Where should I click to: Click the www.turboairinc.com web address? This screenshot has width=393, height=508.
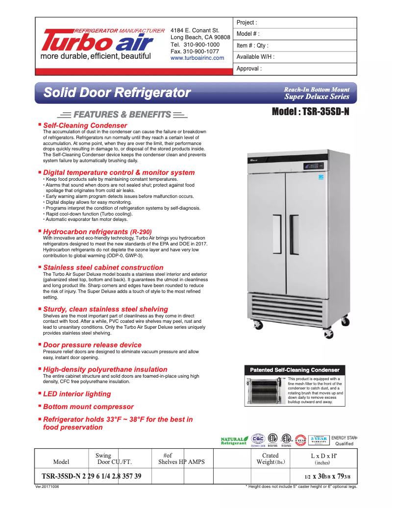pyautogui.click(x=197, y=58)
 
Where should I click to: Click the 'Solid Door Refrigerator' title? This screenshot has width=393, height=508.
pyautogui.click(x=117, y=92)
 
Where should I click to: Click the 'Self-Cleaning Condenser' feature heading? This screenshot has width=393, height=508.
pyautogui.click(x=85, y=126)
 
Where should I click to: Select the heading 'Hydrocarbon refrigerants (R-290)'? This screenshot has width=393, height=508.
pyautogui.click(x=98, y=232)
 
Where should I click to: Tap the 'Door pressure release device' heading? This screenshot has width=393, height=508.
pyautogui.click(x=92, y=345)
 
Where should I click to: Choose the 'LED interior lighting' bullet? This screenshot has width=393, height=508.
pyautogui.click(x=77, y=394)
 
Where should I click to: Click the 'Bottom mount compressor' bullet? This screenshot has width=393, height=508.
pyautogui.click(x=88, y=407)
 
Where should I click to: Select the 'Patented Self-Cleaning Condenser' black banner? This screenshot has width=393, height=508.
pyautogui.click(x=295, y=370)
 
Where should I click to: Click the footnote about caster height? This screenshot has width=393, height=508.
pyautogui.click(x=301, y=486)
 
